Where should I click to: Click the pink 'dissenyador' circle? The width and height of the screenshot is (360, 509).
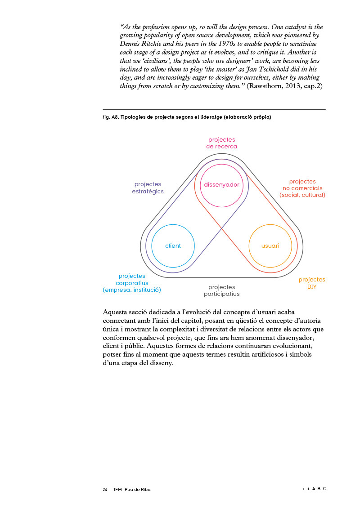tap(221, 185)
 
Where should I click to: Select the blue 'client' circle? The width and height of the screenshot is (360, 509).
tap(173, 246)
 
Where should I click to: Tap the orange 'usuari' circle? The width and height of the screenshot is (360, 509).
tap(270, 246)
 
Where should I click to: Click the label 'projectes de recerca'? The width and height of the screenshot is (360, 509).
tap(221, 143)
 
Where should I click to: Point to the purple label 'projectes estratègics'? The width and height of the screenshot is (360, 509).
tap(148, 188)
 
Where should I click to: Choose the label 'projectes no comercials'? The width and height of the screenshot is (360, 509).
tap(302, 188)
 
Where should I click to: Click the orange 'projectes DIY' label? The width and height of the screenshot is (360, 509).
tap(312, 283)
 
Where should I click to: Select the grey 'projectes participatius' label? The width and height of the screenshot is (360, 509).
tap(221, 290)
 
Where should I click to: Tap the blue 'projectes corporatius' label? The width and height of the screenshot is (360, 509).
tap(132, 283)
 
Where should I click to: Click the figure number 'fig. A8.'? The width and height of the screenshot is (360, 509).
tap(111, 117)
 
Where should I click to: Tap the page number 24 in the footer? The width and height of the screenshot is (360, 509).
tap(105, 489)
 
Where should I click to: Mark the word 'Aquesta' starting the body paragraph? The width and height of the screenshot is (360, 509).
tap(116, 312)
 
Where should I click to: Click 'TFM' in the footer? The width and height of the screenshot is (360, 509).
tap(117, 489)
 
